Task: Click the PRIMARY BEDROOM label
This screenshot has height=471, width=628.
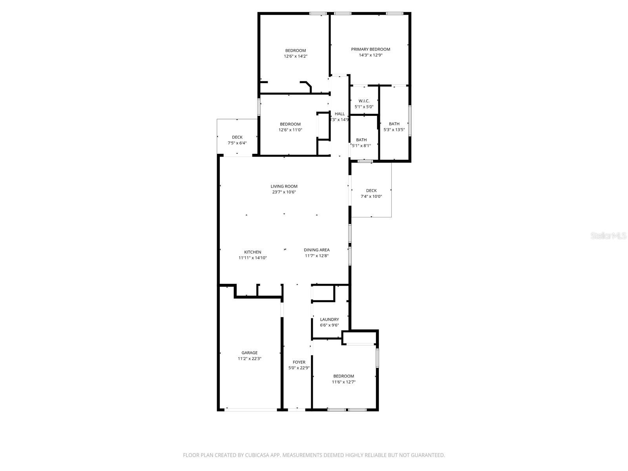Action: pos(370,49)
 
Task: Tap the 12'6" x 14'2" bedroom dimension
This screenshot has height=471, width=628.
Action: pos(296,57)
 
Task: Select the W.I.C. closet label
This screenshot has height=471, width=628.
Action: pos(364,101)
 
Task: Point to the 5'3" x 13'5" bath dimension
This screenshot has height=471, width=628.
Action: pos(394,130)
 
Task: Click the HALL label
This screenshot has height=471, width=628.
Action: pos(340,114)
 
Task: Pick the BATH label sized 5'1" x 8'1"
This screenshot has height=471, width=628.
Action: pos(361,140)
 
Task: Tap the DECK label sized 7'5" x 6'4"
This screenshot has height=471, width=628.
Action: pos(237,137)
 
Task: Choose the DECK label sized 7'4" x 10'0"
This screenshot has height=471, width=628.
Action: pos(371,191)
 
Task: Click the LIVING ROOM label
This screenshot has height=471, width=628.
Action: pos(284,186)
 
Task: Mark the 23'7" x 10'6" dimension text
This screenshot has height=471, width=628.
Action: pos(284,192)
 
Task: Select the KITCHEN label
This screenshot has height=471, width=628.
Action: pos(252,252)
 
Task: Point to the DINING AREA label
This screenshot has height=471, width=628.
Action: pos(316,250)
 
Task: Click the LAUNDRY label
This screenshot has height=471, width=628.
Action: pos(329,319)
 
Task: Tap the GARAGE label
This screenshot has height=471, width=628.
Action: pos(249,353)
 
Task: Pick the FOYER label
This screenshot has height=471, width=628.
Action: pos(299,362)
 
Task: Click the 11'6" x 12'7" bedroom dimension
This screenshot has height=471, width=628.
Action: pos(344,382)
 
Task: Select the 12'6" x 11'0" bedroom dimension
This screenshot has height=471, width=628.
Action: pos(290,130)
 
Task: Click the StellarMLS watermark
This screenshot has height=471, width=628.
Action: pos(609,236)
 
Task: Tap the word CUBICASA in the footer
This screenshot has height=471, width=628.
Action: pos(257,455)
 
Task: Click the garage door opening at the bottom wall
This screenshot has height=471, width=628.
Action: pos(250,410)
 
